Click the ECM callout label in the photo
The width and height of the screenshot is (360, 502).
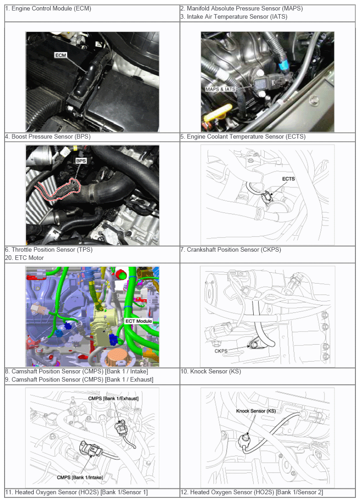click(61, 55)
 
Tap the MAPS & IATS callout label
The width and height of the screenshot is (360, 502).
click(221, 89)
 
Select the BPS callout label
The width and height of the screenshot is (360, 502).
click(81, 161)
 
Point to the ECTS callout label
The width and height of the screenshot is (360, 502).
click(288, 179)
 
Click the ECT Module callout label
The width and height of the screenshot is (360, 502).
click(139, 321)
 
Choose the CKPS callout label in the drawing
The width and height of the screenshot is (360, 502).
click(221, 351)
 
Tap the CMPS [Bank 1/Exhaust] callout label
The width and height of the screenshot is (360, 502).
click(113, 398)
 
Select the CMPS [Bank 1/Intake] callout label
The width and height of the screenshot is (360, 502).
click(80, 477)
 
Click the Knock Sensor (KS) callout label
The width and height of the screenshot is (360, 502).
click(256, 411)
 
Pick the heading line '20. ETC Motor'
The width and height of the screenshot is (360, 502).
click(25, 258)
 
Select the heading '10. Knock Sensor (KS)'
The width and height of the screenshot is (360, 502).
click(210, 372)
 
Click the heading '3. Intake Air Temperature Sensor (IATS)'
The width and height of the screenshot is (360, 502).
click(234, 17)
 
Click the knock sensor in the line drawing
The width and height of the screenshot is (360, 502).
click(245, 440)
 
